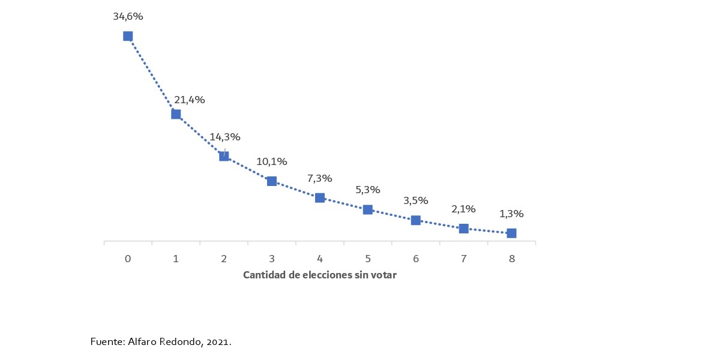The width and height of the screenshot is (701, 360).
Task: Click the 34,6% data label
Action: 128,17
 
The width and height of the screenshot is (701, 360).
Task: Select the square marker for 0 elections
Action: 128,36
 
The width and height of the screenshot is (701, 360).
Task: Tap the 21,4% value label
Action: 190,100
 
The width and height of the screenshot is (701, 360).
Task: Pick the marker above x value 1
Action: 176,114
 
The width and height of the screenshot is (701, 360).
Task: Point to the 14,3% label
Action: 225,137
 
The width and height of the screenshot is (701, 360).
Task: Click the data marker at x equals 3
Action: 272,181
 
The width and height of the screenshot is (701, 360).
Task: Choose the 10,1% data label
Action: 272,161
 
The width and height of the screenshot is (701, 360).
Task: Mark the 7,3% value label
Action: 320,178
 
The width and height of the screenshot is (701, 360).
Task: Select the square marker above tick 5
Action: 368,209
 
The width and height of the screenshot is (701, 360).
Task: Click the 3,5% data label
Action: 415,200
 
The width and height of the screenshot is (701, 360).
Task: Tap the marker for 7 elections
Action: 463,229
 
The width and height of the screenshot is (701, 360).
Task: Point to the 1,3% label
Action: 511,214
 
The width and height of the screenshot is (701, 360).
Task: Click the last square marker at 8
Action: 511,233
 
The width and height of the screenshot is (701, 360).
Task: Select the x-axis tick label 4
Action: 320,259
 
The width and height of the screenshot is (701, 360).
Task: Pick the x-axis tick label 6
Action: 415,259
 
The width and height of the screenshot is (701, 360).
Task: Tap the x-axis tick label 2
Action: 224,259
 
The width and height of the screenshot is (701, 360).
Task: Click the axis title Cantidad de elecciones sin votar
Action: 320,275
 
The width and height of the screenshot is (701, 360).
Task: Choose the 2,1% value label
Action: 463,209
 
